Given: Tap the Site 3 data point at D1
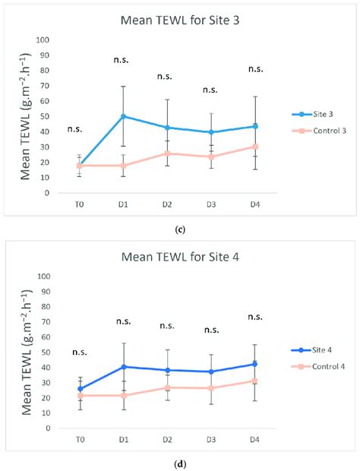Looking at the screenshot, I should click(122, 116).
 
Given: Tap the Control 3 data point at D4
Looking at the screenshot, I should click(255, 146).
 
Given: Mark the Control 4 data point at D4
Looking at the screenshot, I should click(255, 381).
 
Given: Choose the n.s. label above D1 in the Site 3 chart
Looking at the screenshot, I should click(122, 59).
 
